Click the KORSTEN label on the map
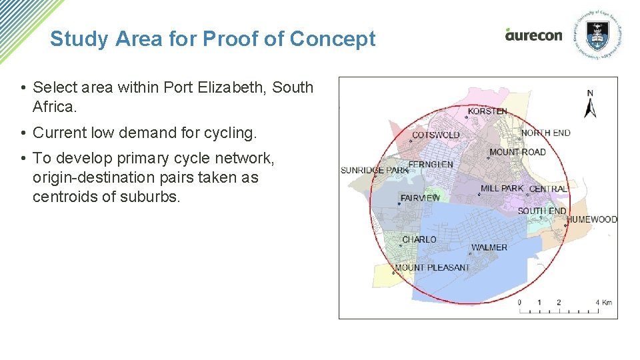coord(487,111)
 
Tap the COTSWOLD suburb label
coord(435,135)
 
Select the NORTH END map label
coord(546,133)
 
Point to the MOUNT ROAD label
coord(517,152)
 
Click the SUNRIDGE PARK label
coord(375,170)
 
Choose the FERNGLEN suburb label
coord(431,164)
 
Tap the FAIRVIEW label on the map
coord(420,198)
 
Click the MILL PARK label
coord(502,189)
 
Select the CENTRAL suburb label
coord(549,189)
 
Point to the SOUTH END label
coord(542,211)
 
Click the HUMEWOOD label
coord(592,219)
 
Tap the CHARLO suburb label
coord(419,239)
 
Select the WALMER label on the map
coord(489,247)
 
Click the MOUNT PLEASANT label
coord(432,267)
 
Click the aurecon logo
coord(533,35)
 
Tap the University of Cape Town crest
coord(597,35)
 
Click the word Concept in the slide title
coord(333,39)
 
